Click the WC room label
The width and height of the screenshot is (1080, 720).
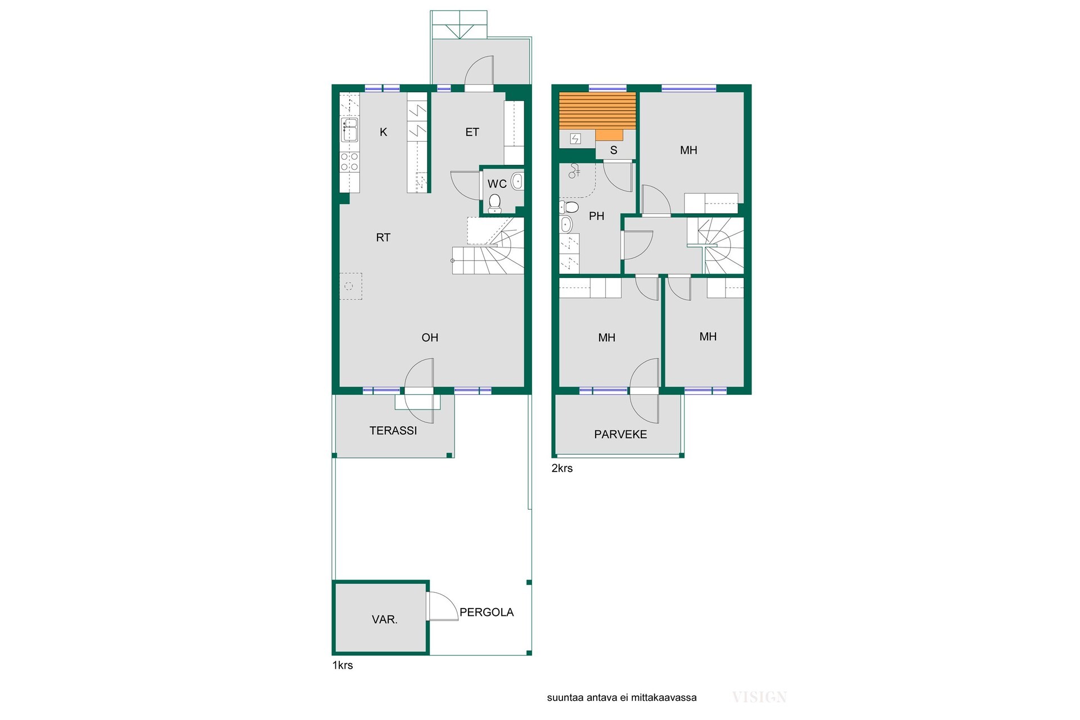pyautogui.click(x=497, y=184)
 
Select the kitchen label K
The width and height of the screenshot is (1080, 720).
pyautogui.click(x=384, y=132)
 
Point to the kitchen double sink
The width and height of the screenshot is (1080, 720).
pyautogui.click(x=350, y=129)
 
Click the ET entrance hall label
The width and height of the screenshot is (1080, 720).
pyautogui.click(x=472, y=132)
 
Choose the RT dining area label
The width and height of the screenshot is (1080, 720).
pyautogui.click(x=383, y=237)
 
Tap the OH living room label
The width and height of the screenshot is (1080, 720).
pyautogui.click(x=430, y=337)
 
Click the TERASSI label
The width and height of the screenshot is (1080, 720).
pyautogui.click(x=393, y=431)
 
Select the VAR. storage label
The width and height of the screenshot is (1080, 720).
pyautogui.click(x=385, y=620)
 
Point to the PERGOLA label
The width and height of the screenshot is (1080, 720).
pyautogui.click(x=487, y=613)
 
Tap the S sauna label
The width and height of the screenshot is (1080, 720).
pyautogui.click(x=614, y=150)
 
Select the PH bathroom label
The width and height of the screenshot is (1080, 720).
pyautogui.click(x=596, y=216)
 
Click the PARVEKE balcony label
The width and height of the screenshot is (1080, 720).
pyautogui.click(x=620, y=434)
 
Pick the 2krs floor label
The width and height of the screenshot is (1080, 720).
pyautogui.click(x=562, y=468)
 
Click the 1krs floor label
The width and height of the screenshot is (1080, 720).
pyautogui.click(x=343, y=665)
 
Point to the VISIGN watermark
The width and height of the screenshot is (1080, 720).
pyautogui.click(x=759, y=697)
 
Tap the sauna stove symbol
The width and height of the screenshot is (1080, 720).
pyautogui.click(x=575, y=139)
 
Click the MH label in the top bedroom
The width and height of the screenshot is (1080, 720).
pyautogui.click(x=688, y=150)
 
